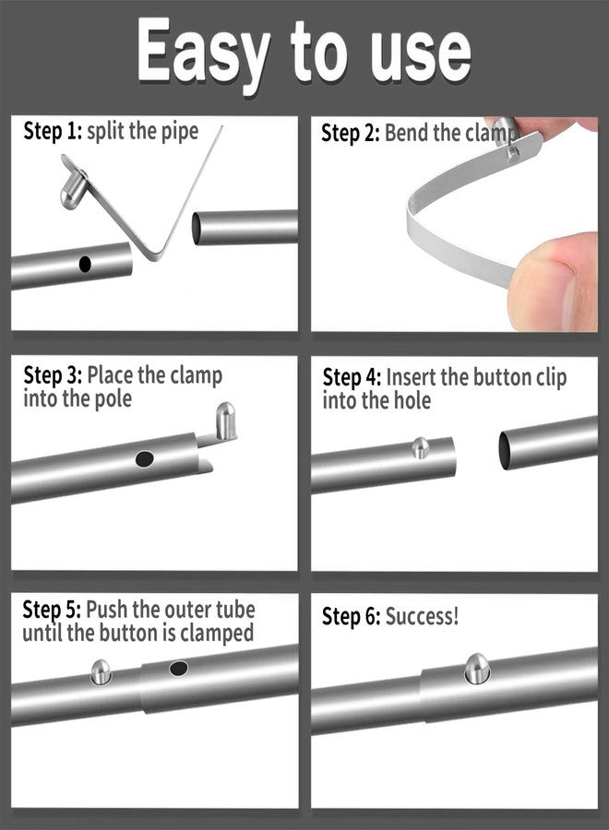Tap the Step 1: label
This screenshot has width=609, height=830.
click(53, 131)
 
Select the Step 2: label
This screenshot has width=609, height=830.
click(350, 133)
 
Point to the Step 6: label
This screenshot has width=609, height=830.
click(351, 617)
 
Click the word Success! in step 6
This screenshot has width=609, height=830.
click(422, 617)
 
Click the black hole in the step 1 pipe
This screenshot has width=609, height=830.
click(85, 264)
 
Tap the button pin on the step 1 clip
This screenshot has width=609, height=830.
click(73, 192)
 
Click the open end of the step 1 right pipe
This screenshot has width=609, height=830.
click(196, 229)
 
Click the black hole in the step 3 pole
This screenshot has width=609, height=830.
click(144, 458)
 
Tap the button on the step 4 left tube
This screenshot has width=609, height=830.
click(421, 448)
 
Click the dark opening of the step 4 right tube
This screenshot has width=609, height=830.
click(504, 450)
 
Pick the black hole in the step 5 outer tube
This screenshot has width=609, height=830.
click(178, 669)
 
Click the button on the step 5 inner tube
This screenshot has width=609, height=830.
click(101, 671)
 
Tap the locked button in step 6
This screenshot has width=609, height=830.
click(477, 668)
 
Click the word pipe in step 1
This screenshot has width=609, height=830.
click(180, 132)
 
